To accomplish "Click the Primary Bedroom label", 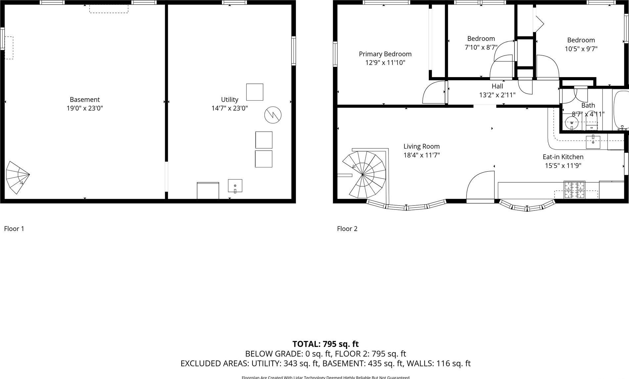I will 385,54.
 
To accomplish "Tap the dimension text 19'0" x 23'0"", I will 85,108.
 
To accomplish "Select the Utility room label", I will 229,99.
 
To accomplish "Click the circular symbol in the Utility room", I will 273,115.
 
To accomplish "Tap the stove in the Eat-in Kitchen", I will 574,190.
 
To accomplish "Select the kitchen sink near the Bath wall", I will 593,142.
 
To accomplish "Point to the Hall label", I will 497,86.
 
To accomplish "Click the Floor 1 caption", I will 14,228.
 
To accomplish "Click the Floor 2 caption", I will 347,228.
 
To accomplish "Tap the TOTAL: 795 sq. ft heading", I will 325,344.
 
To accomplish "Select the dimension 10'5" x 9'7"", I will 581,49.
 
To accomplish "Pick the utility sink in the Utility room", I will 235,186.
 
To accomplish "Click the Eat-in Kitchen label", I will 563,157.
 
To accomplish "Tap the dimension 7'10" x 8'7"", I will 481,47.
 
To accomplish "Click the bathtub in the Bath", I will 621,111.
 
